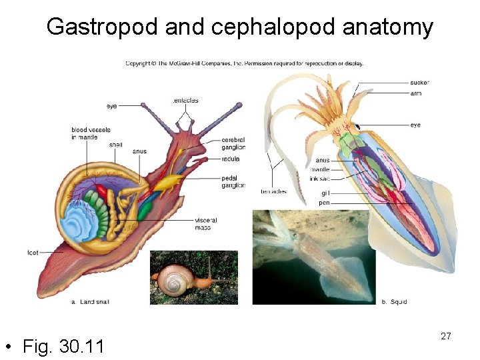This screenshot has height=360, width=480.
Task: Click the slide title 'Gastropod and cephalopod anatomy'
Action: [239, 27]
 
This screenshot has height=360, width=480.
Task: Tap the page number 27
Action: [445, 336]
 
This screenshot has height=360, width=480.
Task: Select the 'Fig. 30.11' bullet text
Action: [63, 347]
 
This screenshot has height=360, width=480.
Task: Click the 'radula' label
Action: [231, 159]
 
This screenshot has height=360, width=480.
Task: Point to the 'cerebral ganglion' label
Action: [233, 143]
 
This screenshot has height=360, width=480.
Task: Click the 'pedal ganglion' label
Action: [233, 182]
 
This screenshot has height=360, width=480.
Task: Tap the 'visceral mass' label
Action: [205, 223]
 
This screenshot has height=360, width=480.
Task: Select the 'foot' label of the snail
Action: [33, 253]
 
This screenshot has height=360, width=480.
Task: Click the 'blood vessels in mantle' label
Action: [91, 133]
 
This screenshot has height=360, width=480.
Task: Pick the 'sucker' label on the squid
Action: [419, 83]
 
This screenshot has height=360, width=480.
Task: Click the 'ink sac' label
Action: [320, 178]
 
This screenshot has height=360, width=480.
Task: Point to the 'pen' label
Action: [324, 202]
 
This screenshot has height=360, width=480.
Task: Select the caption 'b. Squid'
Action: [394, 302]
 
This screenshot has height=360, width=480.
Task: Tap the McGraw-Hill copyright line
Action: [245, 64]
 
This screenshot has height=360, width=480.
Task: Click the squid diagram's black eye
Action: [357, 127]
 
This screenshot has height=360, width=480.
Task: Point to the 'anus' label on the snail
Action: [139, 151]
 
